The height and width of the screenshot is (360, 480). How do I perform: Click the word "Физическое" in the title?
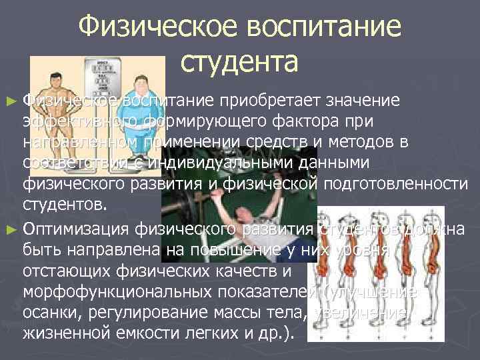pyautogui.click(x=159, y=27)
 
